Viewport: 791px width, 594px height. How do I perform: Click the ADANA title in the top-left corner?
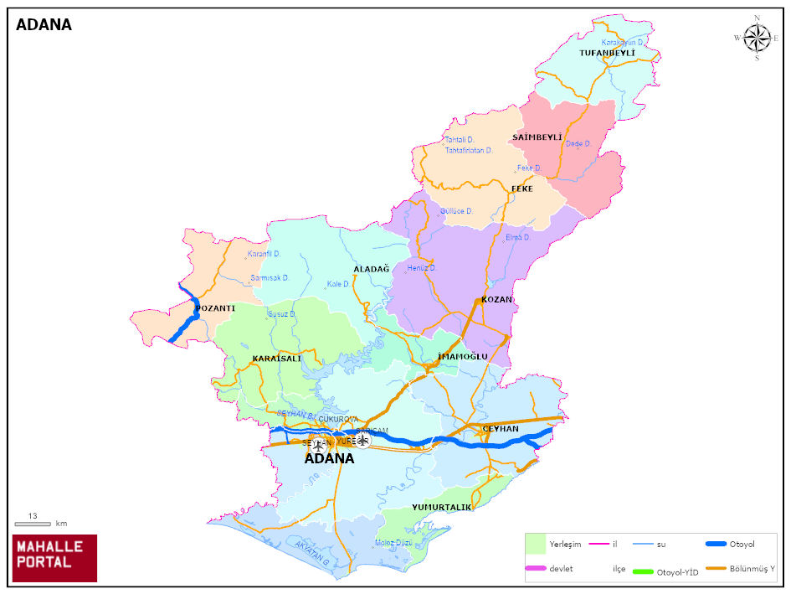click(x=44, y=25)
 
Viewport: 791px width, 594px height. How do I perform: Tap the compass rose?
click(x=757, y=38)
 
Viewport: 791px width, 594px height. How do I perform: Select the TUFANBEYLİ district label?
click(x=607, y=53)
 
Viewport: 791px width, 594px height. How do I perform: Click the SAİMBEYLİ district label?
click(x=537, y=137)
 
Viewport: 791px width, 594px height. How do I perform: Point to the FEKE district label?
click(x=522, y=189)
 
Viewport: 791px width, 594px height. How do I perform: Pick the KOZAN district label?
click(x=496, y=299)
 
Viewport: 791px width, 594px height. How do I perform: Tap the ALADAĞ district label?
click(x=371, y=269)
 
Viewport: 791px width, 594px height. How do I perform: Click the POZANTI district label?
click(x=215, y=308)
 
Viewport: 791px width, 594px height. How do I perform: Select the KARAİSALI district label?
click(x=276, y=359)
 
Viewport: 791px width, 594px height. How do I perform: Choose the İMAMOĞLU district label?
click(x=462, y=357)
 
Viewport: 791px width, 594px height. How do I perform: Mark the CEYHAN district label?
click(x=500, y=429)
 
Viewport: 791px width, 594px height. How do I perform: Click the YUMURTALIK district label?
click(x=442, y=508)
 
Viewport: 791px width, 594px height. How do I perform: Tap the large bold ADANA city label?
click(x=329, y=459)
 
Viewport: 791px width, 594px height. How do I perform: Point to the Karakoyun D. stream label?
click(x=623, y=42)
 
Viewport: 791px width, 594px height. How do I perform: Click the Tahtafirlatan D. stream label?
click(x=468, y=151)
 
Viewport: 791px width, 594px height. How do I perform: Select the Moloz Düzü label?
click(x=393, y=543)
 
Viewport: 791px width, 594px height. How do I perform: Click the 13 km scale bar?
click(x=33, y=524)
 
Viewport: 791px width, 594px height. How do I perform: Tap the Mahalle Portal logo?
click(x=54, y=558)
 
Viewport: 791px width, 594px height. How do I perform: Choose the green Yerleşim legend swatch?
click(x=536, y=544)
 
